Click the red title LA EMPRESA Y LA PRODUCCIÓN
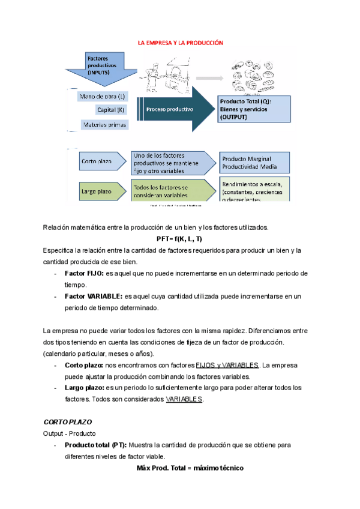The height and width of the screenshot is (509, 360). coord(180,43)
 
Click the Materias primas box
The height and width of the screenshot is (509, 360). coord(103,124)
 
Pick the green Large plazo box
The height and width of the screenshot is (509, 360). coord(100,191)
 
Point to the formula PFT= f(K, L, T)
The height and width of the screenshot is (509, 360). coord(180,239)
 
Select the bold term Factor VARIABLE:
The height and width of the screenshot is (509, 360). coord(93,296)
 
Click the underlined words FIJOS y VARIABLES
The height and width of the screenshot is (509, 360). coord(227,365)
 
